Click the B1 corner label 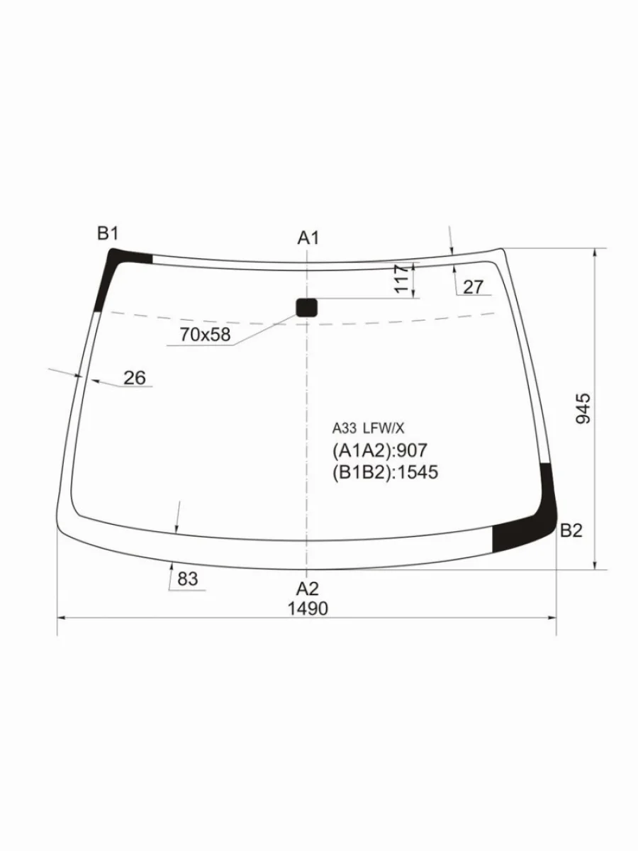pos(107,234)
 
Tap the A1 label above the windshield pos(308,238)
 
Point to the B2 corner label pos(571,530)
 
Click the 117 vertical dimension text pos(402,279)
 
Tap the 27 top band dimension pos(474,287)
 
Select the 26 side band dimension pos(135,377)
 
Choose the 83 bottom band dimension pos(188,579)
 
